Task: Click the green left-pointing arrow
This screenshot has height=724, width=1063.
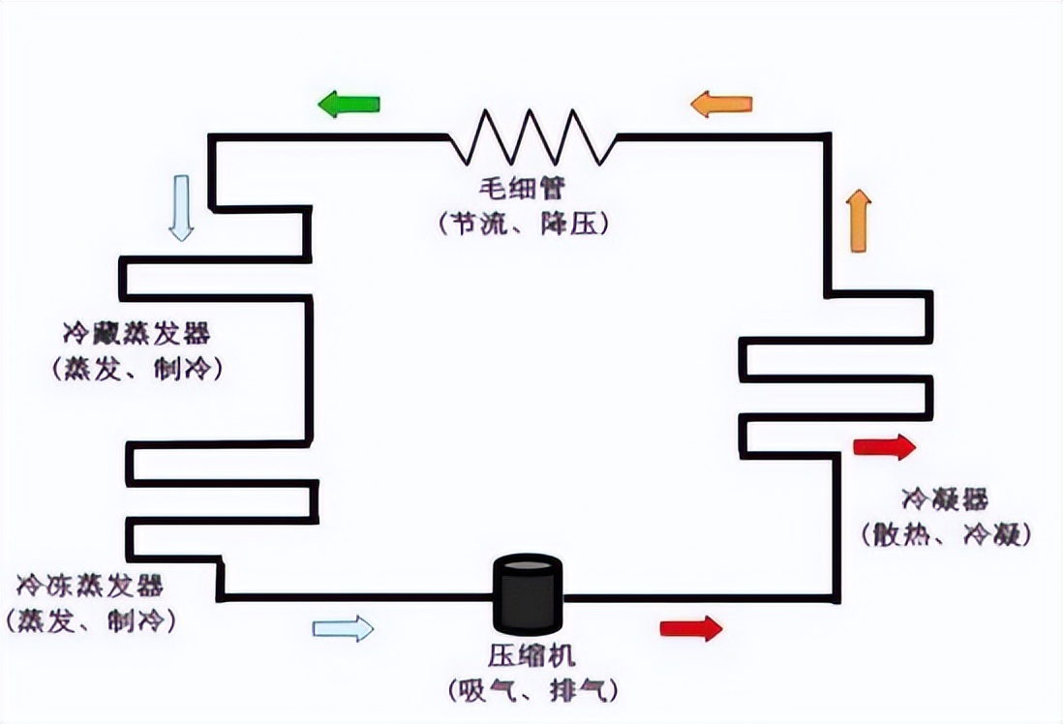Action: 349,103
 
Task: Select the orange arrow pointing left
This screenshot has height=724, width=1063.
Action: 721,104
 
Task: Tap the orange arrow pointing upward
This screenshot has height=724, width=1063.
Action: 859,221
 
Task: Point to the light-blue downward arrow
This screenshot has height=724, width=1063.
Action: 181,208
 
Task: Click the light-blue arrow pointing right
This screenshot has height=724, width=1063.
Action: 343,628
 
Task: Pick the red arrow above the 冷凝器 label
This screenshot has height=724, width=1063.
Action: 884,446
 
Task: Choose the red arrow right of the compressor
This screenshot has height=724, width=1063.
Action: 691,628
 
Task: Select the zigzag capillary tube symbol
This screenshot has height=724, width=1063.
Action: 531,136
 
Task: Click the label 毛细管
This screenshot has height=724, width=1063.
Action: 524,188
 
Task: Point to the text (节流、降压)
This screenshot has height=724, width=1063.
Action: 524,224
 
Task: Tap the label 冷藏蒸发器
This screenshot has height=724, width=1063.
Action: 137,335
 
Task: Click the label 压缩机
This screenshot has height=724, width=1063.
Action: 531,657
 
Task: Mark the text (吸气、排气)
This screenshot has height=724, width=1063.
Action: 531,690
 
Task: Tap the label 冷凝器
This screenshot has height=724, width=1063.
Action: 945,499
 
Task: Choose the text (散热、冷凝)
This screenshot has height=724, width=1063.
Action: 945,533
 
